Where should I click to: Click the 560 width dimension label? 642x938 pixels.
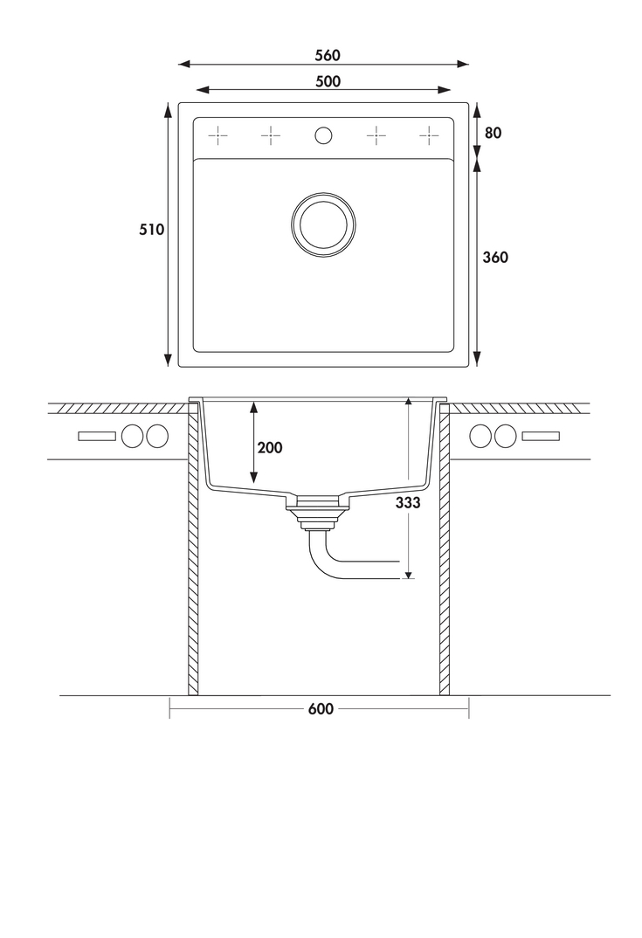click(x=328, y=55)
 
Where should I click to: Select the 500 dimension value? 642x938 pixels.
click(x=328, y=81)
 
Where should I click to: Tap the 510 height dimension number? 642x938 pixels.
click(x=151, y=229)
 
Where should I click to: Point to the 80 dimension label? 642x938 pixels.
click(x=493, y=133)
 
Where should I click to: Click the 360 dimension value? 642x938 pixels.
click(x=495, y=258)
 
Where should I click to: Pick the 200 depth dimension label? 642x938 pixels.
click(x=269, y=447)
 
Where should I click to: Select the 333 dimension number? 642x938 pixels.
click(x=408, y=503)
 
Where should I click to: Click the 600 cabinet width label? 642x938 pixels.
click(x=321, y=709)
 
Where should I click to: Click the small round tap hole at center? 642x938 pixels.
click(x=323, y=135)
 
